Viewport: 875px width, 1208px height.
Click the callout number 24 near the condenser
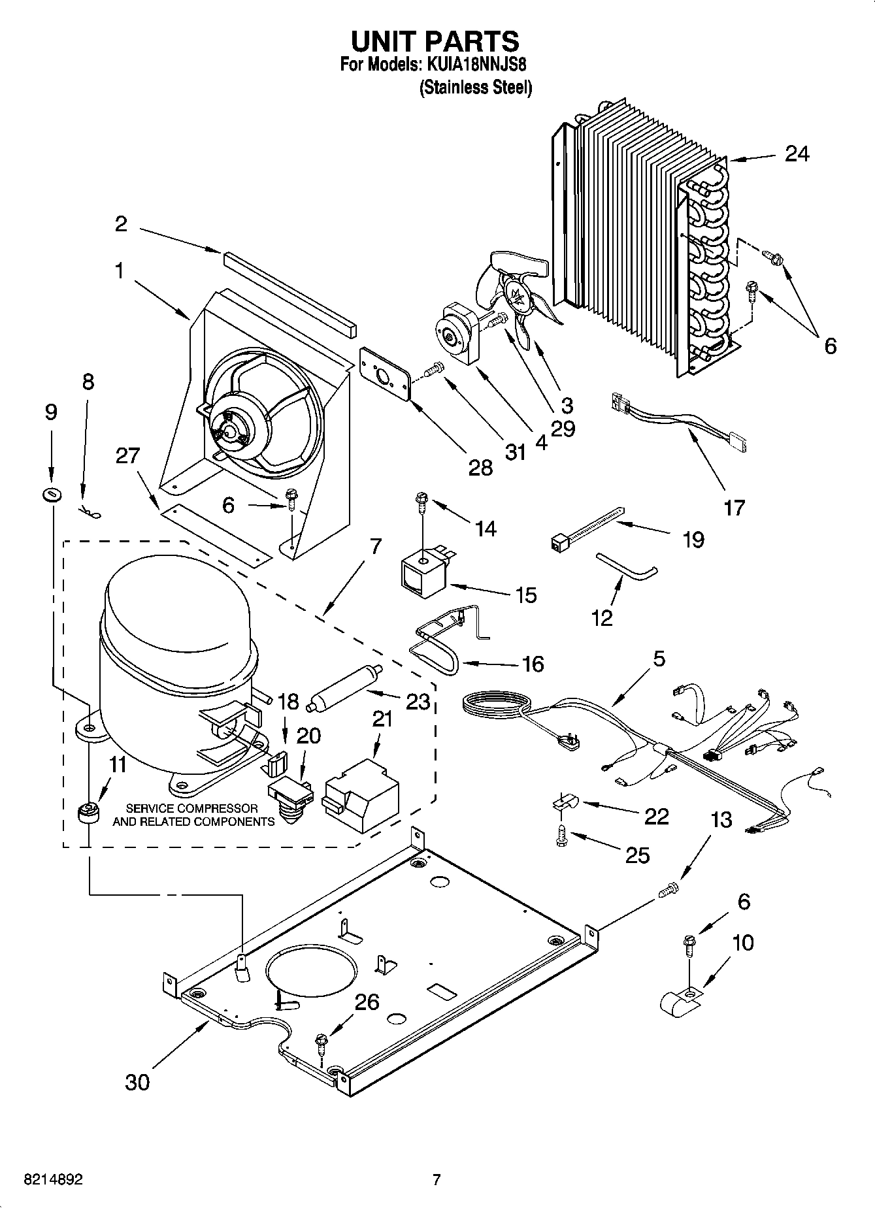[797, 154]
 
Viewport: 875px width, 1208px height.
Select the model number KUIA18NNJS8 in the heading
[477, 65]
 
